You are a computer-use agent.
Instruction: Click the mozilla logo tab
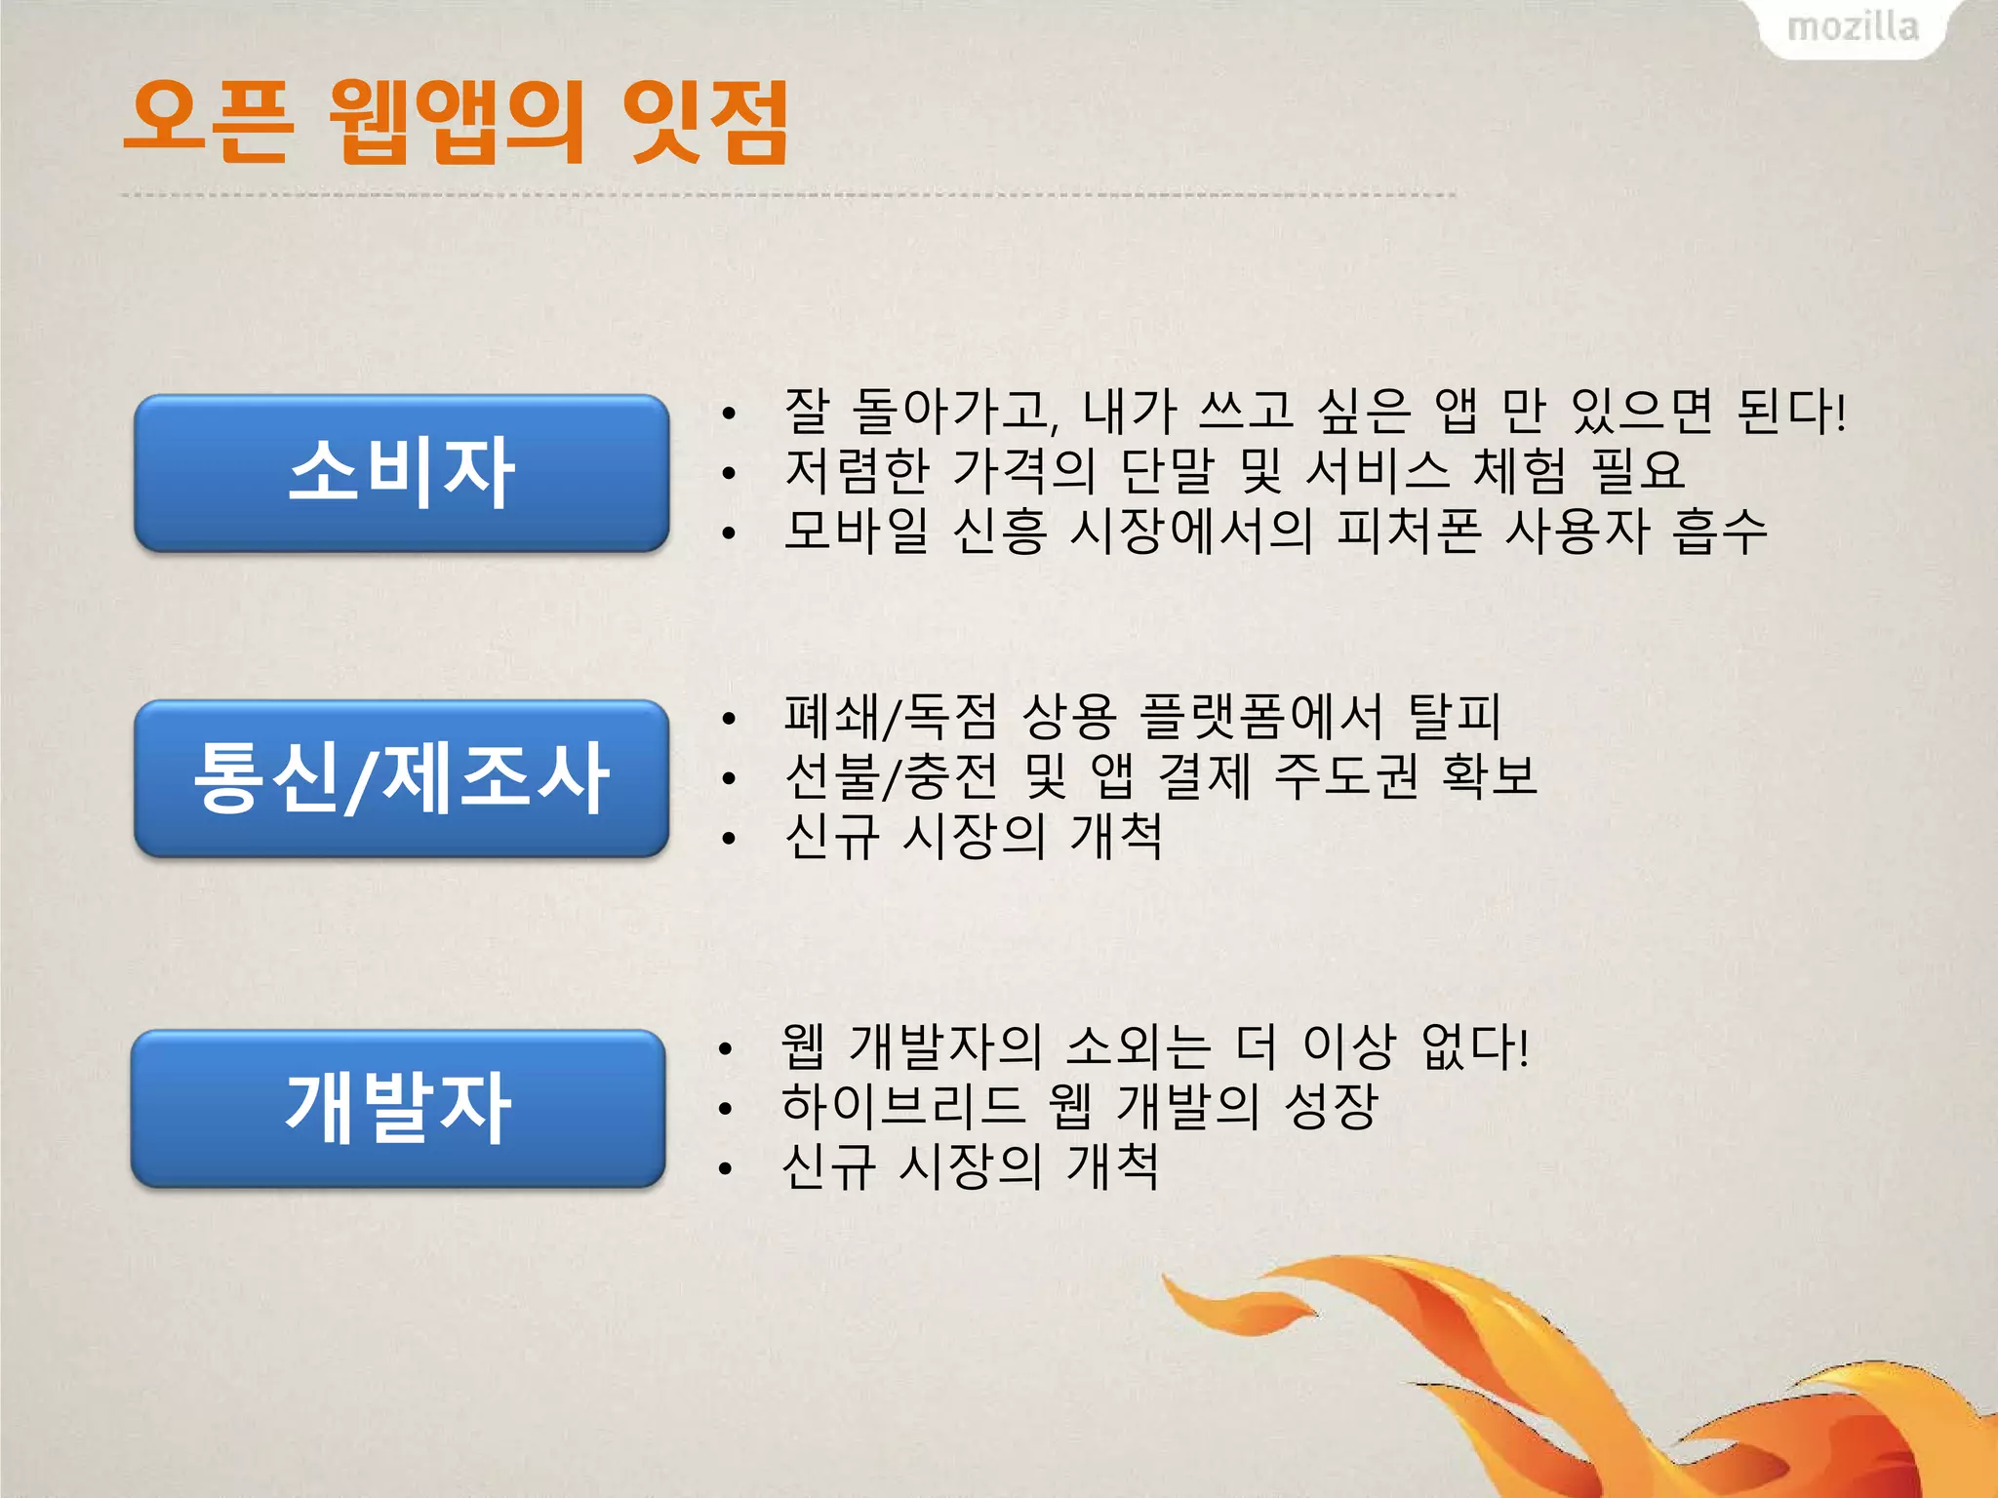[x=1852, y=27]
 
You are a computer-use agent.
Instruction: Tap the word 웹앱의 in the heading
[x=456, y=122]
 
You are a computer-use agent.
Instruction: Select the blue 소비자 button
[x=401, y=473]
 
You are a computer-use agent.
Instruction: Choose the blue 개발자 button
[x=398, y=1108]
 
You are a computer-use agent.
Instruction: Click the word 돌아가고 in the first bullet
[x=955, y=412]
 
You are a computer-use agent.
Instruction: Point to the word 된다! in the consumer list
[x=1791, y=412]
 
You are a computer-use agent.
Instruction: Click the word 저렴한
[x=858, y=471]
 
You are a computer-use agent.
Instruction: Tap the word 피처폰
[x=1409, y=532]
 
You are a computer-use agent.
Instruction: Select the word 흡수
[x=1719, y=532]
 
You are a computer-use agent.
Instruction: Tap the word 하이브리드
[x=903, y=1106]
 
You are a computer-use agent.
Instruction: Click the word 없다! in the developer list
[x=1474, y=1046]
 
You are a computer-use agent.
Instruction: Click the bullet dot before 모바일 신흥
[x=728, y=533]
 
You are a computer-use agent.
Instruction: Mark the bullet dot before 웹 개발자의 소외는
[x=725, y=1049]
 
